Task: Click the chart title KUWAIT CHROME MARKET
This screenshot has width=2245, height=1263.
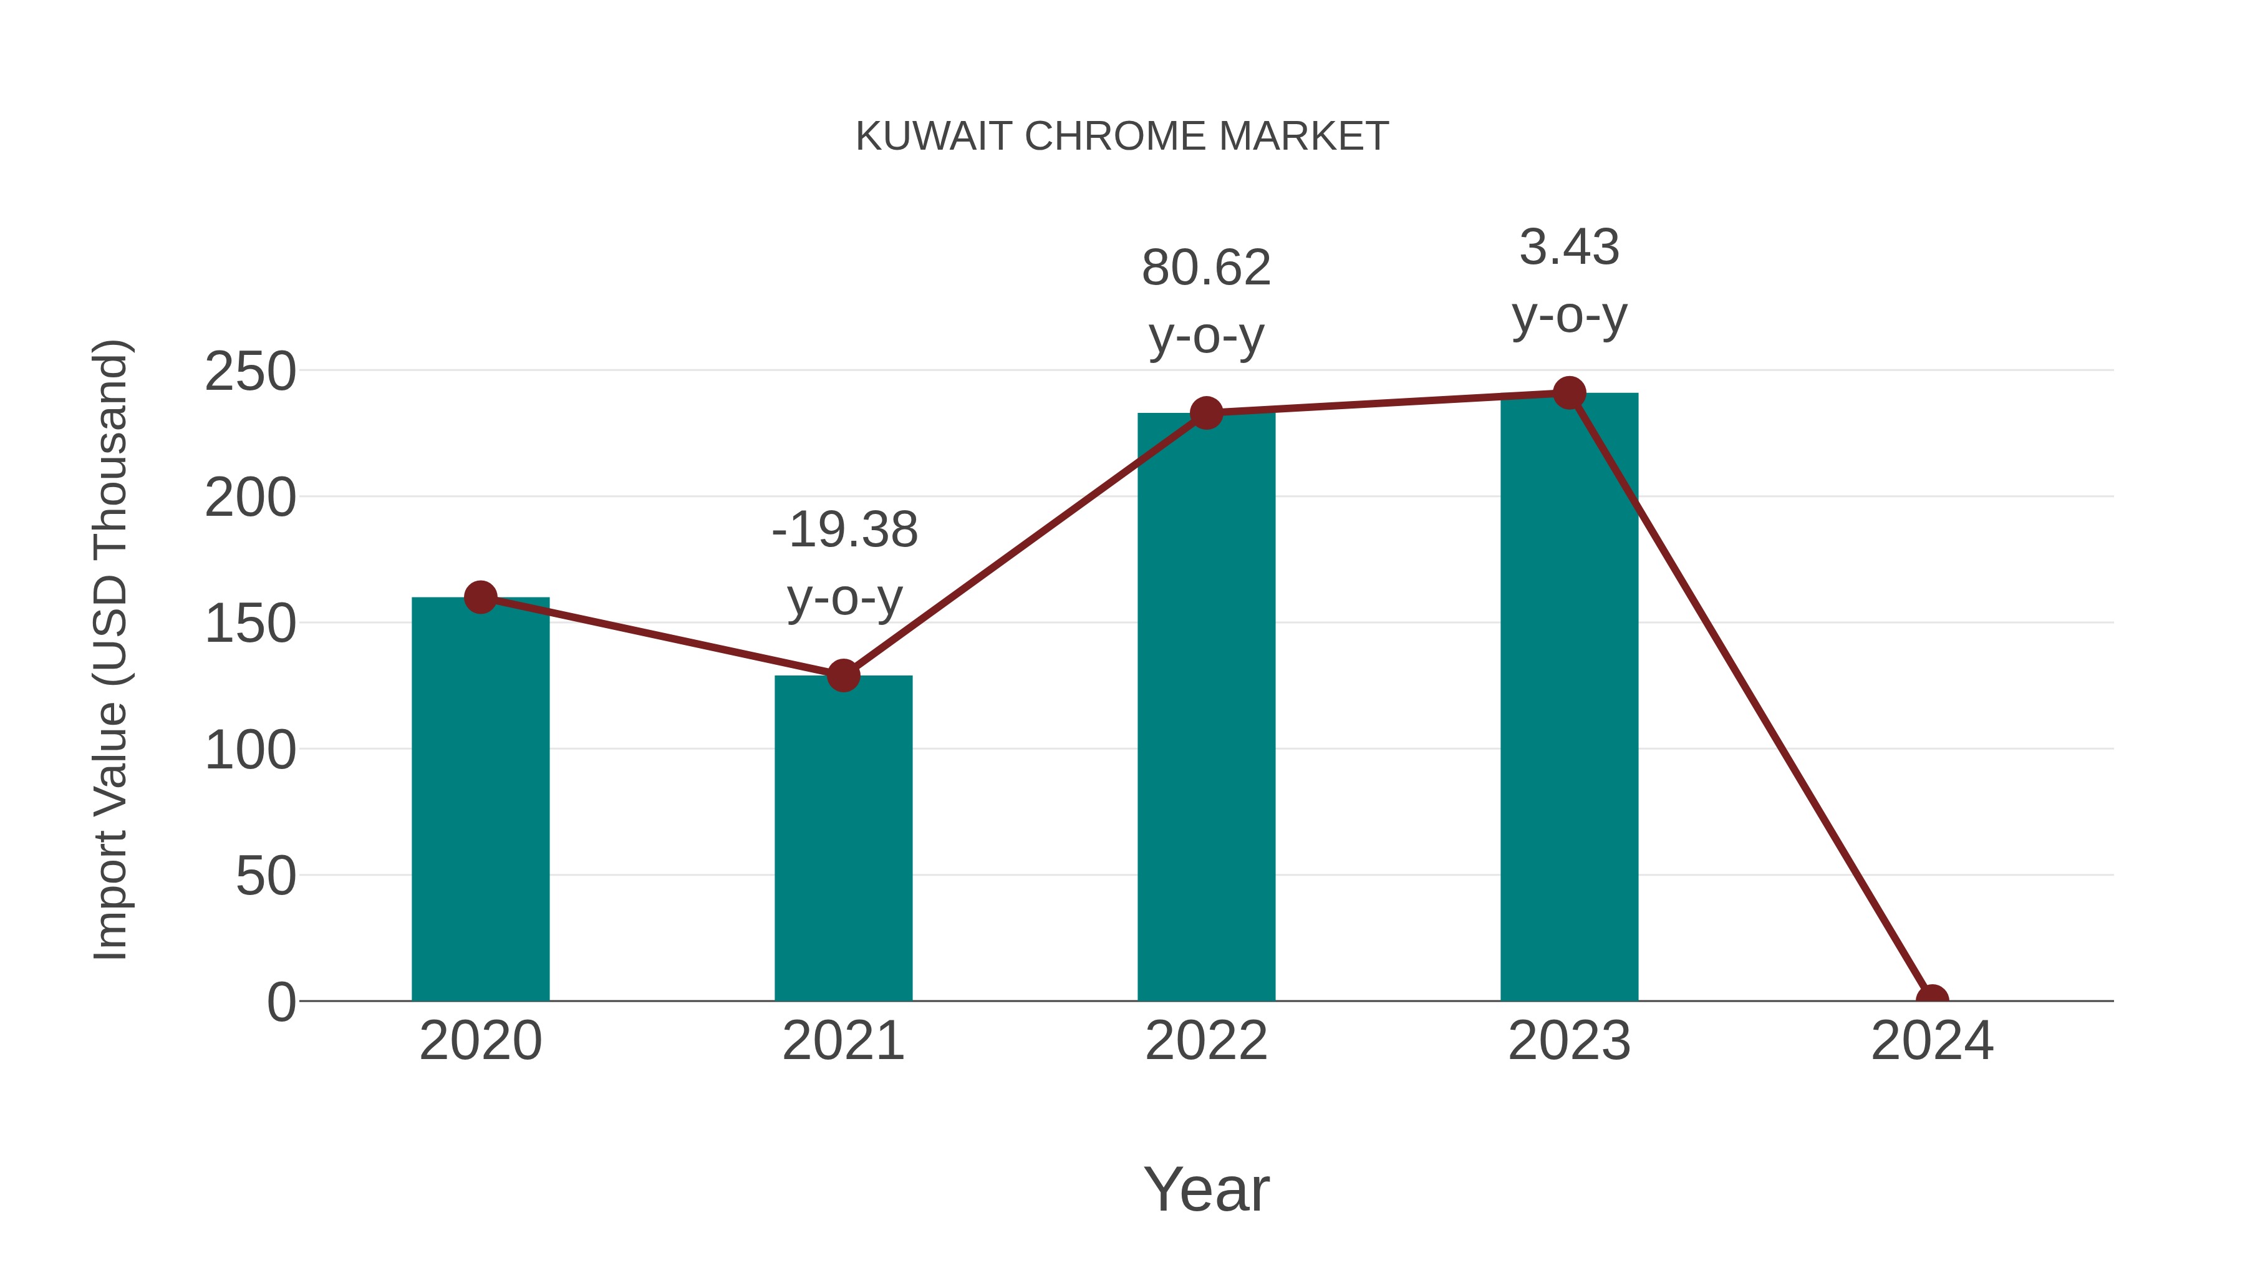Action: pyautogui.click(x=1122, y=137)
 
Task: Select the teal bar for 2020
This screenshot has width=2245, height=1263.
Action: pyautogui.click(x=480, y=802)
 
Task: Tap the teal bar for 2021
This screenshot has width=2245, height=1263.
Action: pyautogui.click(x=842, y=841)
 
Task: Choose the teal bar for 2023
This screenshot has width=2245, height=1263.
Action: pyautogui.click(x=1569, y=697)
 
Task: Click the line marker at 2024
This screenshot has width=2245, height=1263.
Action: pyautogui.click(x=1932, y=999)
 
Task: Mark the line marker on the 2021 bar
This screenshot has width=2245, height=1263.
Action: pyautogui.click(x=842, y=675)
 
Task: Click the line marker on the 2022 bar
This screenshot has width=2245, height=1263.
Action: pyautogui.click(x=1206, y=413)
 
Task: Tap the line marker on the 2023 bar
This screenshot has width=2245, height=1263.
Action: pyautogui.click(x=1569, y=393)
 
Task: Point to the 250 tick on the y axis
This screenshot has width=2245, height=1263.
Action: pyautogui.click(x=250, y=372)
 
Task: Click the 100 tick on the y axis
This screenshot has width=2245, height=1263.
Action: pyautogui.click(x=250, y=750)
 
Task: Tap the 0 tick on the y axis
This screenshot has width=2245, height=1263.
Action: pyautogui.click(x=281, y=1002)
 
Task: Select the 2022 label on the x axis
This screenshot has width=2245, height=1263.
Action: pyautogui.click(x=1206, y=1041)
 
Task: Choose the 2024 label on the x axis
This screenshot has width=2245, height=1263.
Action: pyautogui.click(x=1932, y=1041)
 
